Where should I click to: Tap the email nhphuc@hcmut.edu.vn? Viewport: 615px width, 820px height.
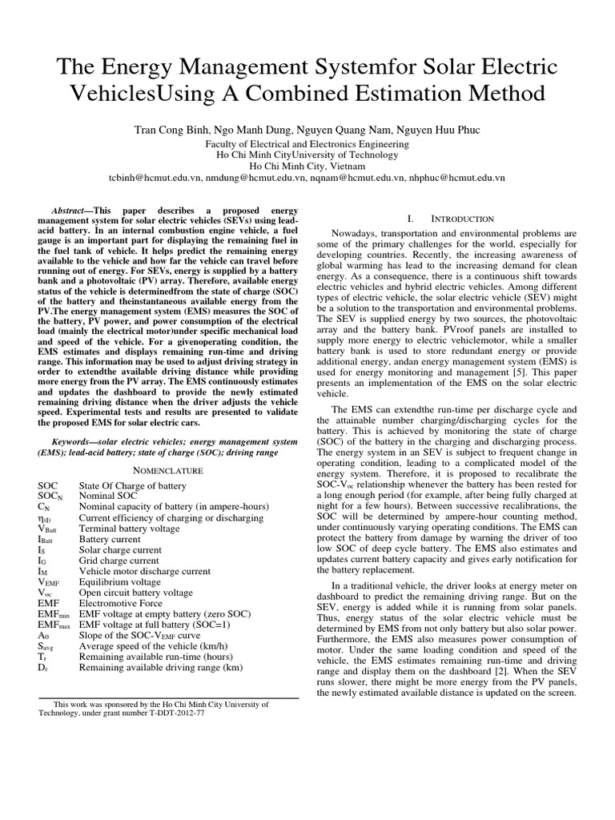[456, 177]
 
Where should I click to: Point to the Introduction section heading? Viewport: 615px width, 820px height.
[464, 219]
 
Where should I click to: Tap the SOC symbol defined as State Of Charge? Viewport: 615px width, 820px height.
[48, 486]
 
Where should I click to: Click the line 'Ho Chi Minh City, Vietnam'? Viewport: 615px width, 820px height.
[307, 166]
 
